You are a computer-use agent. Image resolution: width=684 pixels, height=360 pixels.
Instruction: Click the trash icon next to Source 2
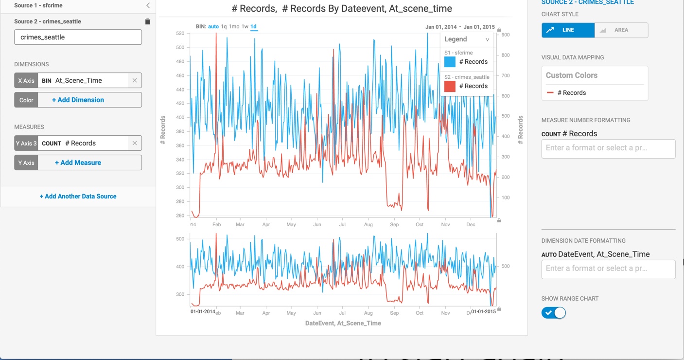147,21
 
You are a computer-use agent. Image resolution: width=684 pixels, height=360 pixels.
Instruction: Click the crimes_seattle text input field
78,37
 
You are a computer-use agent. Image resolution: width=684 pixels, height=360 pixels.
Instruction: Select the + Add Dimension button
78,100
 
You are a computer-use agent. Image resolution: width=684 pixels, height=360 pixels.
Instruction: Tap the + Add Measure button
78,162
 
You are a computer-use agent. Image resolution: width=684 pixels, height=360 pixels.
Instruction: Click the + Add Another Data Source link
78,197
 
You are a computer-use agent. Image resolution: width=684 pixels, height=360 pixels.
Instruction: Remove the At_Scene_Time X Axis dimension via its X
135,80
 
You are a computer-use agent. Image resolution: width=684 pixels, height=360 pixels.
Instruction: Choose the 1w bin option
245,27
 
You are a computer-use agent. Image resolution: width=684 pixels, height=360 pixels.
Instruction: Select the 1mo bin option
234,27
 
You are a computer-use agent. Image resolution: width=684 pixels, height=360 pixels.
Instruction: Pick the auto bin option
213,27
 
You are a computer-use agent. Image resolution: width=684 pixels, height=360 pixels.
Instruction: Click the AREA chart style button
621,30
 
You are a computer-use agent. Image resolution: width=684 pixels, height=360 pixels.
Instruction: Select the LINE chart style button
568,30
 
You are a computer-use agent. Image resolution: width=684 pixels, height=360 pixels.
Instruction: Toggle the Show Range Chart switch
554,313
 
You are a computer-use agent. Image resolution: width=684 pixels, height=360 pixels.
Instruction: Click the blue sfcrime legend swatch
450,62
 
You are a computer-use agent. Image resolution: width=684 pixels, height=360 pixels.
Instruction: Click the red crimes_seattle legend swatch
450,86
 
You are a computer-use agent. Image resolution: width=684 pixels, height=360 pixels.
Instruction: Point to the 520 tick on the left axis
180,34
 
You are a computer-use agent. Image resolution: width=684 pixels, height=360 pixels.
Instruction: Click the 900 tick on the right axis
506,35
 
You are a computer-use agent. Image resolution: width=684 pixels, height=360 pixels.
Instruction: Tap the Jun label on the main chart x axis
317,225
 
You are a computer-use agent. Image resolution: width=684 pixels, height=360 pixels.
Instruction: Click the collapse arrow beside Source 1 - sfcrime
148,5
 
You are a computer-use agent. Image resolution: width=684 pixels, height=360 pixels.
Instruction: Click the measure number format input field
608,148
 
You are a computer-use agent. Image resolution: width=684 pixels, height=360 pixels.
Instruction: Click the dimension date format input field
608,269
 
